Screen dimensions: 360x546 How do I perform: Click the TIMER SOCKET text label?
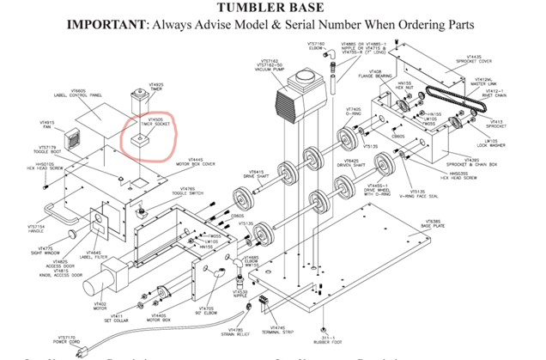pos(159,125)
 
